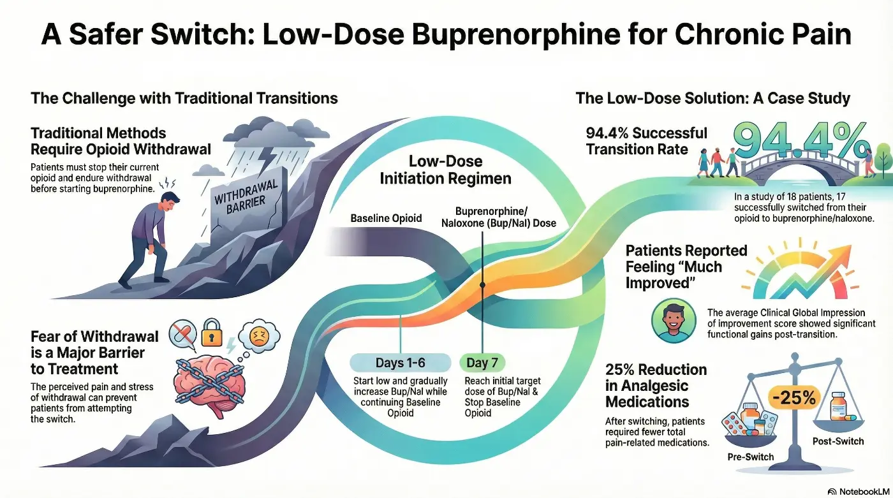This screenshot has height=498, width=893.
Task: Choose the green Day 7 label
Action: pyautogui.click(x=482, y=363)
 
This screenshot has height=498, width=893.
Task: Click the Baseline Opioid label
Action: pyautogui.click(x=386, y=218)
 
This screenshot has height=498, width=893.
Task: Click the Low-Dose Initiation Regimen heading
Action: pyautogui.click(x=445, y=170)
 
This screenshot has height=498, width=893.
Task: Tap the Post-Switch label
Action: pyautogui.click(x=837, y=441)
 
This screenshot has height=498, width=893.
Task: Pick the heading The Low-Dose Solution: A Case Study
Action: pyautogui.click(x=712, y=98)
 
